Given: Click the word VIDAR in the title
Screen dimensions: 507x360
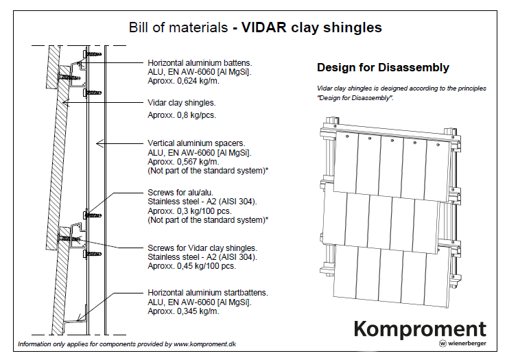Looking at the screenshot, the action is (x=263, y=27).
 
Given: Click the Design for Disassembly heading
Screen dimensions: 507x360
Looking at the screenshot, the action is (x=383, y=67).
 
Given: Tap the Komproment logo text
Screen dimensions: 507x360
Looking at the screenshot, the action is (x=420, y=329).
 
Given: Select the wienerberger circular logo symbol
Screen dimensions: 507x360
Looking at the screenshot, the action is (x=443, y=343).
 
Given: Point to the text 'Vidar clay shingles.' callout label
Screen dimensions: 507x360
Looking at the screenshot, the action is (x=182, y=103).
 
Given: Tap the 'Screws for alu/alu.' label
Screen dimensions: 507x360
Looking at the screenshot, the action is (x=180, y=193).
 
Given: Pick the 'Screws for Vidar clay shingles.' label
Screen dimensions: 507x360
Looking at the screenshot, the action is (x=202, y=248).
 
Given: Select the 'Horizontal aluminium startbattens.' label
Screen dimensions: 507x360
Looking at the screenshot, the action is (x=208, y=293).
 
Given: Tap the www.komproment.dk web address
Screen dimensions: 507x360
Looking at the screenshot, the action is (x=204, y=344).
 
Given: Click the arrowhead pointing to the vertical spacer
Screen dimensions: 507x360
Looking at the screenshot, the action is (x=99, y=143).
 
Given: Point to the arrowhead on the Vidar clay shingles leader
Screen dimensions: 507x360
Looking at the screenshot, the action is (x=66, y=103).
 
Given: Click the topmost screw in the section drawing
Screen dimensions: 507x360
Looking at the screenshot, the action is (x=92, y=53).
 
